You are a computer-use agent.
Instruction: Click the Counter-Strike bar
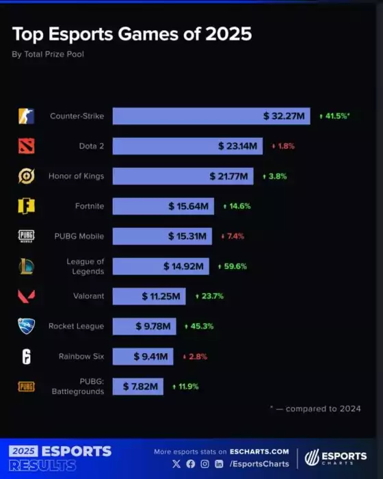point(211,116)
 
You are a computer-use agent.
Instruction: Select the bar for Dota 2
point(187,146)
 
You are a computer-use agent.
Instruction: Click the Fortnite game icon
point(26,206)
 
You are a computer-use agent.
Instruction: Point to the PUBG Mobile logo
point(26,236)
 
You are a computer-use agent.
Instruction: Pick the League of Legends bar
point(161,266)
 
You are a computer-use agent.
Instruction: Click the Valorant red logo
point(26,296)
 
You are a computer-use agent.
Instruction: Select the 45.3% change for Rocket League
point(199,326)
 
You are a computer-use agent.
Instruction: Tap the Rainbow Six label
point(81,356)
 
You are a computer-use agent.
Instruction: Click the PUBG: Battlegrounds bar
point(138,387)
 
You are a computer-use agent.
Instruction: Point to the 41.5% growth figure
point(336,116)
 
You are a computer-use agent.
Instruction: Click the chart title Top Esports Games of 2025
point(132,34)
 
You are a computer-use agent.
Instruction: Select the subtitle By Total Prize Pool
point(48,53)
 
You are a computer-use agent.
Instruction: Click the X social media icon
point(177,464)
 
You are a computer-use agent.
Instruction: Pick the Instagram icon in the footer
point(204,464)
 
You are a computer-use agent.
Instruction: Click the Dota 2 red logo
point(26,146)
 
